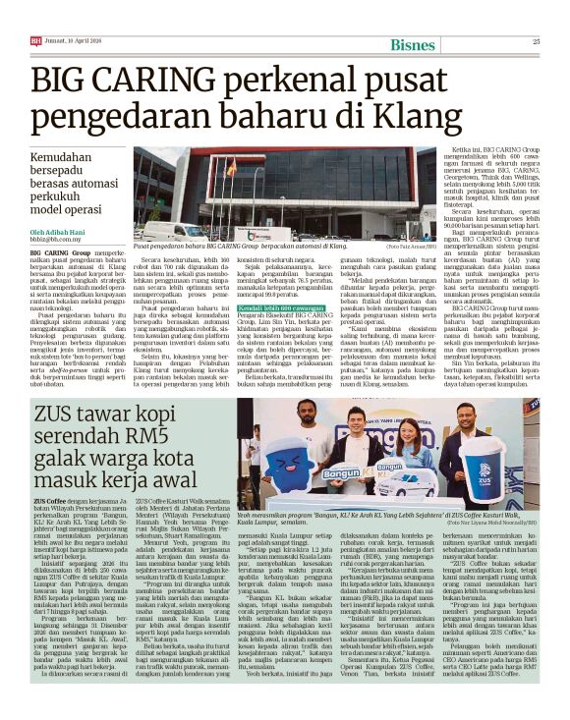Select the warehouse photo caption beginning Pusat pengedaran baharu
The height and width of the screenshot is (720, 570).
click(x=231, y=243)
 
